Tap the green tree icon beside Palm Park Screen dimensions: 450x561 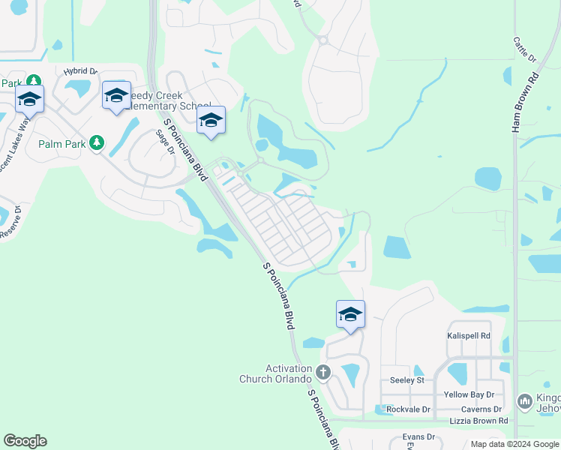click(x=96, y=142)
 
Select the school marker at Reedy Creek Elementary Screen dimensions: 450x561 click(x=116, y=95)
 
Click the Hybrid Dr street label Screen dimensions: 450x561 click(x=81, y=71)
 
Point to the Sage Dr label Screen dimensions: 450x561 click(x=164, y=142)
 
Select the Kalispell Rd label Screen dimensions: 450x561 click(x=469, y=335)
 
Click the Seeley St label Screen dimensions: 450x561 click(x=407, y=380)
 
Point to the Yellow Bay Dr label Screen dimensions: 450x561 click(x=469, y=394)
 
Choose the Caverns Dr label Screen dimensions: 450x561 click(x=482, y=409)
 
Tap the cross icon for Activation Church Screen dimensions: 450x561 click(x=323, y=372)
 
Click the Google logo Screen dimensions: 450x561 click(x=25, y=441)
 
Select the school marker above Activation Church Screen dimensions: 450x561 click(x=350, y=313)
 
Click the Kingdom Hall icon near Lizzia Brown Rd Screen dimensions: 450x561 click(x=525, y=403)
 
